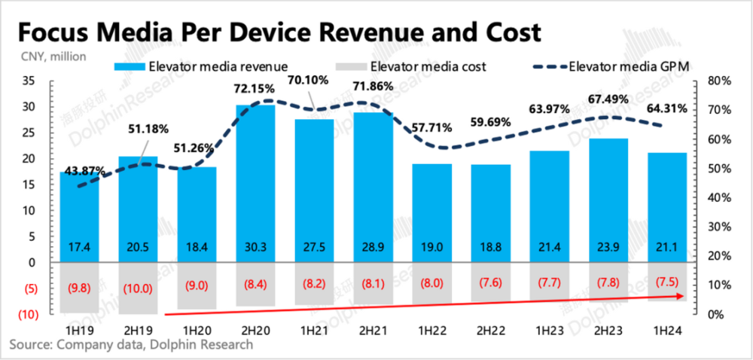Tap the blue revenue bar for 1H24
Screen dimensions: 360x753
pyautogui.click(x=666, y=203)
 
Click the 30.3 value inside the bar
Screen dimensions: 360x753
pyautogui.click(x=255, y=247)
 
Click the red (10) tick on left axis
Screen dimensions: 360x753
pyautogui.click(x=28, y=314)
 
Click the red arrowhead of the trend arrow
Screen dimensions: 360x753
pyautogui.click(x=680, y=296)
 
